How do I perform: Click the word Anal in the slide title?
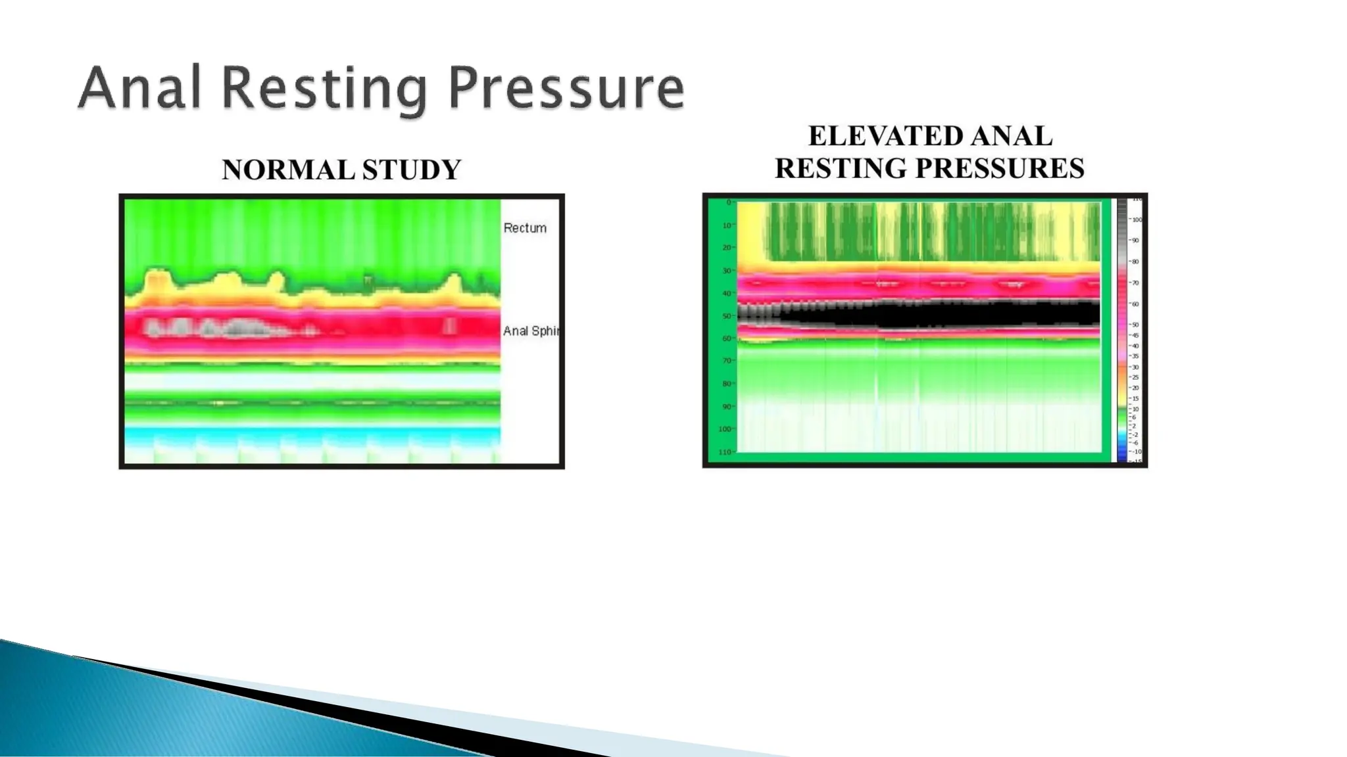(139, 89)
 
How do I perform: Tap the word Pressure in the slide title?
(566, 89)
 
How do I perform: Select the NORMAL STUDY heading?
(341, 170)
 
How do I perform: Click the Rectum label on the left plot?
(525, 228)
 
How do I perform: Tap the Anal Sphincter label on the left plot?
(530, 331)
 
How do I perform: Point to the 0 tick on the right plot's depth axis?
(728, 202)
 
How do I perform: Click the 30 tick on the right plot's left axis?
(727, 271)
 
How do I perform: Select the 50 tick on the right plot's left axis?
(727, 316)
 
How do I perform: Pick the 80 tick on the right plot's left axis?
(727, 384)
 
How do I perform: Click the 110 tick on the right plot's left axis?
(725, 452)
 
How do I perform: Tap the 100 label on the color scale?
(1137, 219)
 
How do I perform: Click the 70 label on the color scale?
(1135, 283)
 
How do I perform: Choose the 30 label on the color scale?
(1135, 367)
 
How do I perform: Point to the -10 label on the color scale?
(1136, 451)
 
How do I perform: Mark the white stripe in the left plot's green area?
(312, 381)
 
